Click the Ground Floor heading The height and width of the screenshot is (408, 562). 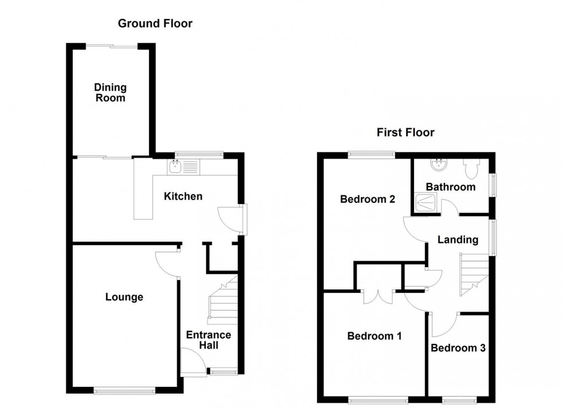(155, 23)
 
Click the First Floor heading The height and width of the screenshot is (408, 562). (405, 132)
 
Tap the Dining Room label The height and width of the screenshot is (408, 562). (110, 93)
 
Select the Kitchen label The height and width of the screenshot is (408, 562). (183, 197)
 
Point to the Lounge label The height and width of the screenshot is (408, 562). (124, 297)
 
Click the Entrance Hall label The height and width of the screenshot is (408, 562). (208, 340)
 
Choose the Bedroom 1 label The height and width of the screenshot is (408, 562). (374, 336)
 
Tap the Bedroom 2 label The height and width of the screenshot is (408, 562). (368, 199)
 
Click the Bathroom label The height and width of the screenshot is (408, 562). (450, 187)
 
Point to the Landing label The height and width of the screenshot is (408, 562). (458, 240)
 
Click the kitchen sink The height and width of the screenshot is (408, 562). (175, 167)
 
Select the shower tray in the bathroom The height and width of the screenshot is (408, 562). (427, 202)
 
